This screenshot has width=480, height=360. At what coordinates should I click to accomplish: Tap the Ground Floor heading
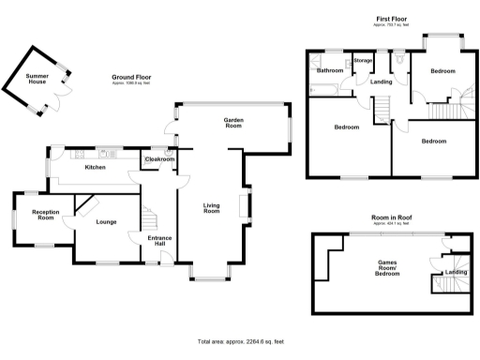pos(131,77)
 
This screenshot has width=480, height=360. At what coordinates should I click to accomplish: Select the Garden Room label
pos(234,121)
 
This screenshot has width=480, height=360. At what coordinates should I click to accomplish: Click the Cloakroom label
pos(158,159)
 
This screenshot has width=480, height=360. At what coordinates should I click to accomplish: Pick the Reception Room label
pos(45,216)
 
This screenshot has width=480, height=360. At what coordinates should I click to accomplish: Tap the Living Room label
pos(212,207)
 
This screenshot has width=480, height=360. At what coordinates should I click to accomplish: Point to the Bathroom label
pos(329,70)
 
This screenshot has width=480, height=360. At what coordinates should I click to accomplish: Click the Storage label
pos(363,61)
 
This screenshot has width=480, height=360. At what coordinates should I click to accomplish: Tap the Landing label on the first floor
pos(381,82)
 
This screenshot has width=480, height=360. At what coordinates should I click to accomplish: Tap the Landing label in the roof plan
pos(456,272)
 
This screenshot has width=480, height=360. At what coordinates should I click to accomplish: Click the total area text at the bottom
pos(240,341)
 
